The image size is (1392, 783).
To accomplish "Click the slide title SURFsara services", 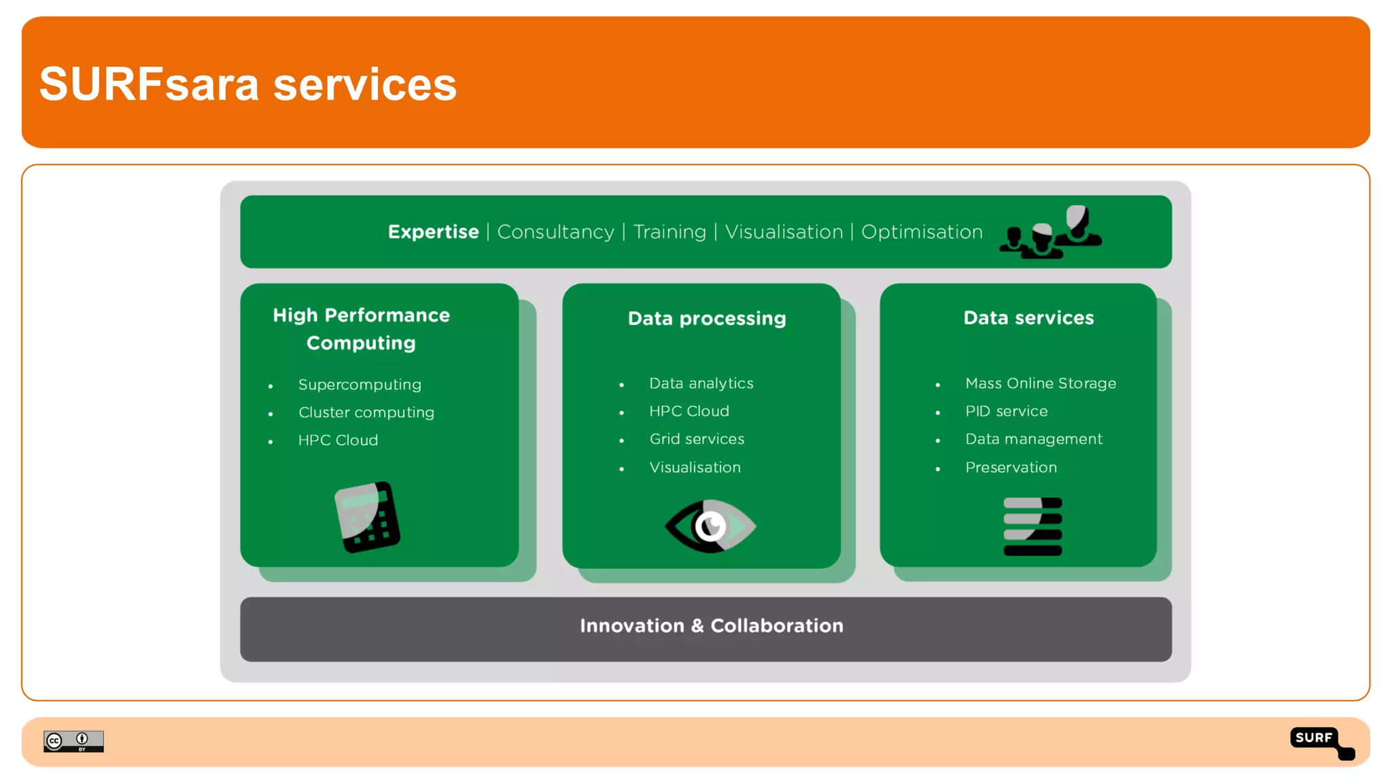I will pyautogui.click(x=248, y=84).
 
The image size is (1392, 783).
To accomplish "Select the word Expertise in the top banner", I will pyautogui.click(x=433, y=232).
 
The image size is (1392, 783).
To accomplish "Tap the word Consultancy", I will pyautogui.click(x=555, y=232).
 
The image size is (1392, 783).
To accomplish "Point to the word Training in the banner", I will pyautogui.click(x=669, y=232).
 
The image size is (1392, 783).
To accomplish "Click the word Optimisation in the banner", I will pyautogui.click(x=922, y=232).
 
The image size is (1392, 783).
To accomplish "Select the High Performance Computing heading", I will pyautogui.click(x=361, y=329).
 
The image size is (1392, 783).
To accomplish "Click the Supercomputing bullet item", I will pyautogui.click(x=360, y=385).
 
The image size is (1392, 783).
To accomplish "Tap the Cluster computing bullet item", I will pyautogui.click(x=366, y=413).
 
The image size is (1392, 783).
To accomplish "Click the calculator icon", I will pyautogui.click(x=367, y=517).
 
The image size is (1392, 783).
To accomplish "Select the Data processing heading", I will pyautogui.click(x=707, y=318).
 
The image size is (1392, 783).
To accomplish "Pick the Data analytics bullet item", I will pyautogui.click(x=701, y=383).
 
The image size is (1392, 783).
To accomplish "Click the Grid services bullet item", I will pyautogui.click(x=697, y=439).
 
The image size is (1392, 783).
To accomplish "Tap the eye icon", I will pyautogui.click(x=710, y=526).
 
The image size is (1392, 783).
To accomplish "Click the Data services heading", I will pyautogui.click(x=1028, y=318).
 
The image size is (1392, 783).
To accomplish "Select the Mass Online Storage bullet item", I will pyautogui.click(x=1040, y=383).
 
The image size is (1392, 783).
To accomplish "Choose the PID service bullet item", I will pyautogui.click(x=1006, y=411).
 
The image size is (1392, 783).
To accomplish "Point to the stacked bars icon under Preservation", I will pyautogui.click(x=1032, y=527).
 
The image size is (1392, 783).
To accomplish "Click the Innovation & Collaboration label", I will pyautogui.click(x=711, y=626).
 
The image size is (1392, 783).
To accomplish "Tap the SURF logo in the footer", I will pyautogui.click(x=1319, y=741).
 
